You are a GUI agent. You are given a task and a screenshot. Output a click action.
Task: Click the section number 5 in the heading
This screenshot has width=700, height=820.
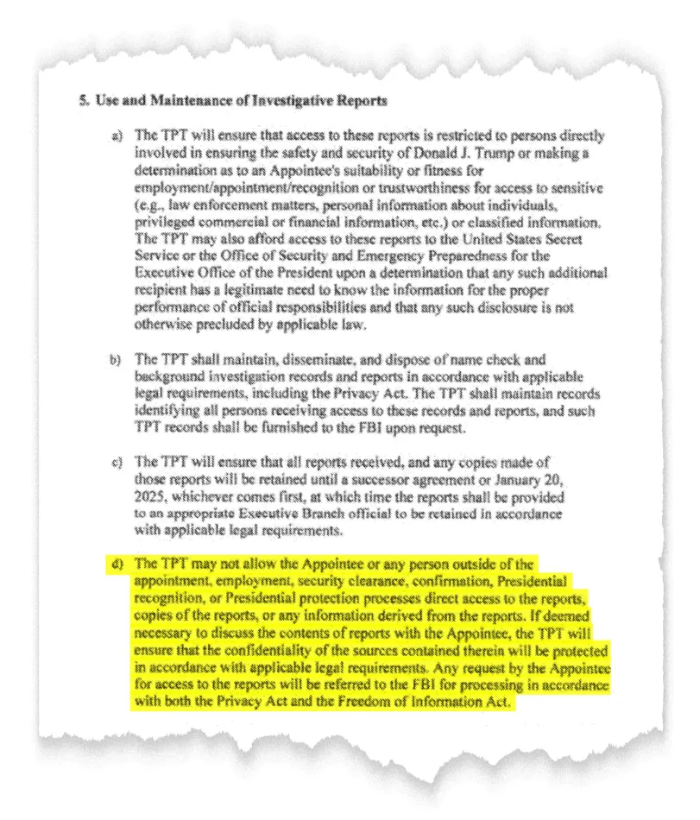83,101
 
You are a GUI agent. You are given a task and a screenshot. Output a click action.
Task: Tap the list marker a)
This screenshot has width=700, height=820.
118,136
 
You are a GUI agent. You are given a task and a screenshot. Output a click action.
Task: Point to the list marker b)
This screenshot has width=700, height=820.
118,358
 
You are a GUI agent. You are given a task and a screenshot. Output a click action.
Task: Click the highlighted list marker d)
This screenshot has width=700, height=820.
118,565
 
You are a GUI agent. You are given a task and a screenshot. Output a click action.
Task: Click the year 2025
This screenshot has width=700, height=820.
151,499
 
